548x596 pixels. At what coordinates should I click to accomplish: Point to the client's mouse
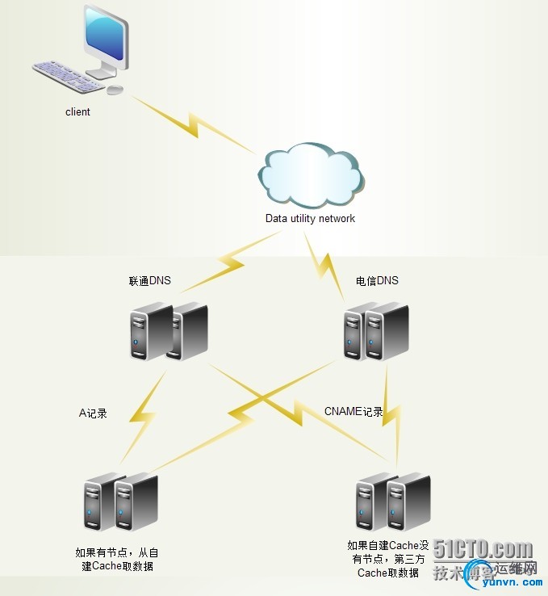115,89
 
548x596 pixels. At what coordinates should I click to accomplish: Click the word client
77,112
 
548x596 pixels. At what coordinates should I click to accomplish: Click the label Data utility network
310,218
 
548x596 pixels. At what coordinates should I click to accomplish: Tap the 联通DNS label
150,281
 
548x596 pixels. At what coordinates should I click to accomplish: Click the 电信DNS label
377,281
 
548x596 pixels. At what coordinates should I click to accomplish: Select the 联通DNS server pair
168,331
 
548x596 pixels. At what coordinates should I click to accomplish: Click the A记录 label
93,413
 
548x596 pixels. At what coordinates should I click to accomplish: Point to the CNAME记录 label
353,412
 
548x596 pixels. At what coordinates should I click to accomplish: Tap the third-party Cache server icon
393,502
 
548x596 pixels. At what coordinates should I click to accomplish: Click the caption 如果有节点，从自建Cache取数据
116,559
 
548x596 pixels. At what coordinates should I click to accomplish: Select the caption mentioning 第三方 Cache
387,559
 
